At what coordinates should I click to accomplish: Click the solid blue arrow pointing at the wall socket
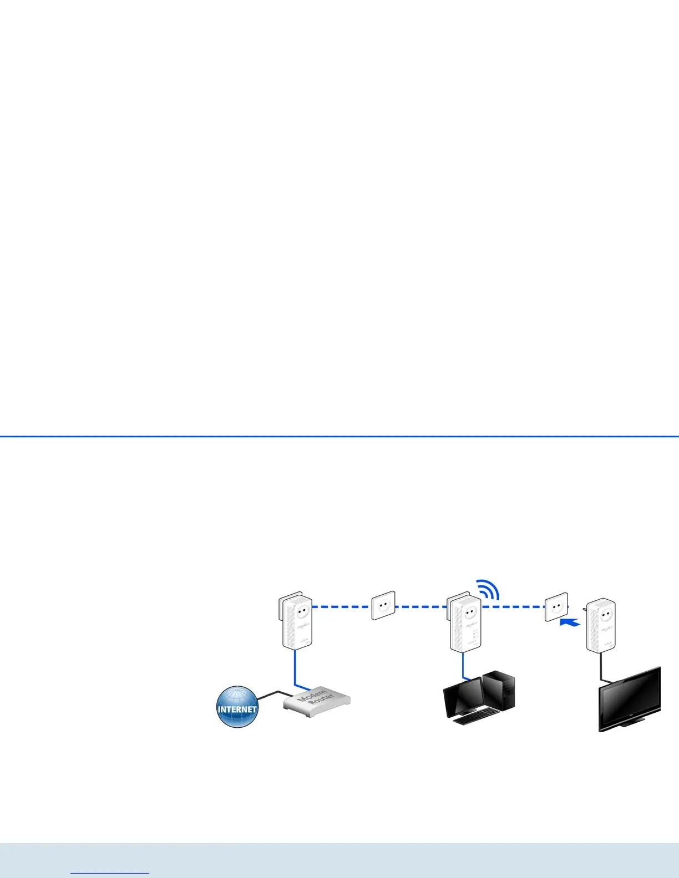[x=570, y=623]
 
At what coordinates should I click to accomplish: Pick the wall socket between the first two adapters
[x=383, y=605]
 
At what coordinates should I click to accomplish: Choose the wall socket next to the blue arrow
[x=556, y=606]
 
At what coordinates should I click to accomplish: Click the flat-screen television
[x=630, y=700]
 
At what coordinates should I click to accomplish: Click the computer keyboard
[x=477, y=717]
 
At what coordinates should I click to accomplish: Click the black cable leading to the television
[x=601, y=667]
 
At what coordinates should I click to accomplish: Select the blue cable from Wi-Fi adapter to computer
[x=463, y=665]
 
